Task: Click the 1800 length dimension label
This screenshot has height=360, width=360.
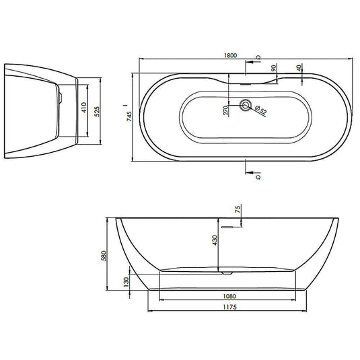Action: (230, 55)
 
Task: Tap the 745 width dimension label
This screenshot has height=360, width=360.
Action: (129, 116)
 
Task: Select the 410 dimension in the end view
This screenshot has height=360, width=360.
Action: (84, 107)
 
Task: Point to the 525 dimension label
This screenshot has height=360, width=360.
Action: (98, 111)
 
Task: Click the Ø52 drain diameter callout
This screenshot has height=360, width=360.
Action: (260, 110)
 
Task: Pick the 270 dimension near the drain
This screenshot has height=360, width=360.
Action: (225, 110)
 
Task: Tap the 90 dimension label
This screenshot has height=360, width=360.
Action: (273, 68)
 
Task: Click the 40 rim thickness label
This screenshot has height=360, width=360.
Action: (299, 68)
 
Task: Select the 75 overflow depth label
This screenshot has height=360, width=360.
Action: (238, 209)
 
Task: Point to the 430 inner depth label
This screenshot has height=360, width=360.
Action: (215, 240)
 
